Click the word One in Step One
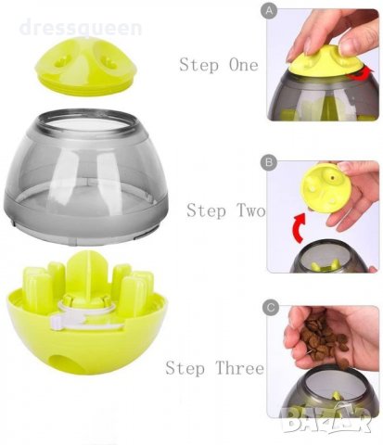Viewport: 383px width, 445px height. pyautogui.click(x=243, y=65)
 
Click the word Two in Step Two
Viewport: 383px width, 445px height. pyautogui.click(x=251, y=210)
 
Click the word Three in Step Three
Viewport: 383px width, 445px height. pyautogui.click(x=239, y=368)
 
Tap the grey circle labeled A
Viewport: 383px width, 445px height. pyautogui.click(x=269, y=11)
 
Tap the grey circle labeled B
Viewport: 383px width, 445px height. pyautogui.click(x=269, y=162)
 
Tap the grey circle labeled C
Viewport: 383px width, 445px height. pyautogui.click(x=271, y=308)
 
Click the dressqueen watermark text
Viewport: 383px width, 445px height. pyautogui.click(x=81, y=27)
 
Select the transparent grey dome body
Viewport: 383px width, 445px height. pyautogui.click(x=86, y=176)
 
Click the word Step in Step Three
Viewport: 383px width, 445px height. pyautogui.click(x=185, y=369)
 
